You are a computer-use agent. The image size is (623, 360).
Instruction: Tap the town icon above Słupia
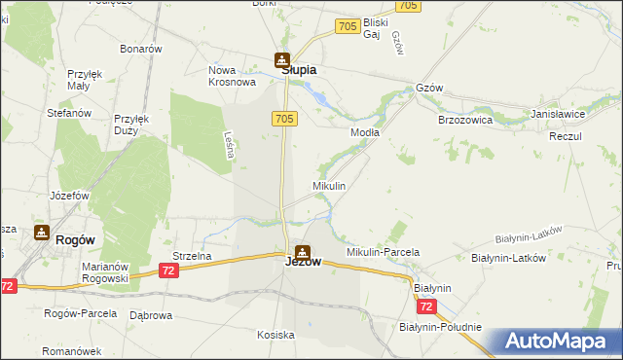tap(281, 59)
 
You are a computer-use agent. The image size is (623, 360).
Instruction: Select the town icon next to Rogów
tap(41, 233)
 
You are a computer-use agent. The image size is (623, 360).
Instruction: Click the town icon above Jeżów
tap(303, 250)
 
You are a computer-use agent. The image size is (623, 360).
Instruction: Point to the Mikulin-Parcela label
tap(383, 252)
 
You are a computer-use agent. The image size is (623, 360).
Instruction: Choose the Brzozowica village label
tap(465, 120)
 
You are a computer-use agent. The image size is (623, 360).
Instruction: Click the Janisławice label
tap(558, 114)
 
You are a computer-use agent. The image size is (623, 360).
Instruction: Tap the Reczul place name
tap(565, 136)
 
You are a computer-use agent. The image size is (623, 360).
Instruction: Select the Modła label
tap(364, 131)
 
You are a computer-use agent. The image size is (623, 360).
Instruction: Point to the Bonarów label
tap(140, 49)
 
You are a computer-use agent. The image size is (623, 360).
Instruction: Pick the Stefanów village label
tap(69, 113)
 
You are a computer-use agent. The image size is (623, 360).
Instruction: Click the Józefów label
tap(70, 195)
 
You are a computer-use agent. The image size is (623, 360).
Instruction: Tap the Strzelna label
tap(192, 256)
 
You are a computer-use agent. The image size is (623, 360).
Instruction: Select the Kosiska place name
tap(275, 335)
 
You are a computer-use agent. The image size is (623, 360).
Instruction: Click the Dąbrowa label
tap(151, 315)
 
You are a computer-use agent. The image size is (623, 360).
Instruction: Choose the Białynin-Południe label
tap(440, 327)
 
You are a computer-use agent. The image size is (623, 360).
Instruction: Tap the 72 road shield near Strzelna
tap(169, 270)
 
